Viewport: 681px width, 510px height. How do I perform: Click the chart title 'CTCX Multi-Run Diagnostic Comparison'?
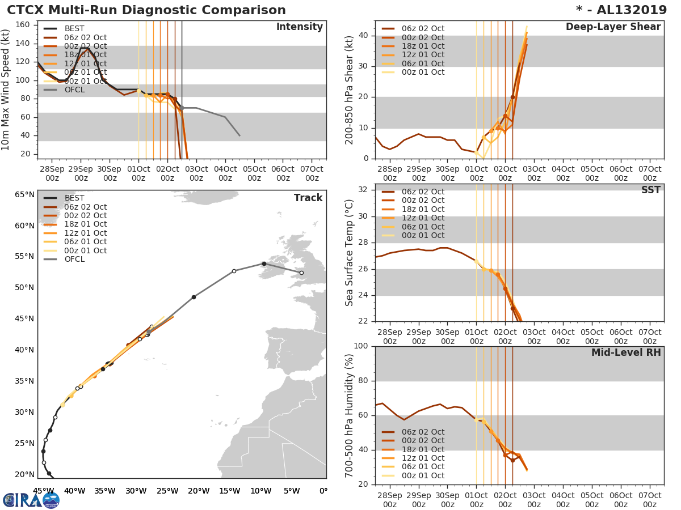coord(146,10)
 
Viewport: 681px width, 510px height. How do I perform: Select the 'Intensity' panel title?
coord(299,27)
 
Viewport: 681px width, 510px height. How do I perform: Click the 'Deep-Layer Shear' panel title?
coord(613,27)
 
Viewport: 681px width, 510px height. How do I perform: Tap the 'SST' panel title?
coord(650,190)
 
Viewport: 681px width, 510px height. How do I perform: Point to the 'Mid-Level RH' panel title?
coord(626,353)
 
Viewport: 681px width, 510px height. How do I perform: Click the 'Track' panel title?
coord(308,198)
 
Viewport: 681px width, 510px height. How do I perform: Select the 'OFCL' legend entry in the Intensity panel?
coord(74,90)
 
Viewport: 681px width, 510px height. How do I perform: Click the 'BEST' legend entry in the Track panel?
coord(74,198)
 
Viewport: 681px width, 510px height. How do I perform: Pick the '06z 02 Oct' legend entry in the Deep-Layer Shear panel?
coord(423,28)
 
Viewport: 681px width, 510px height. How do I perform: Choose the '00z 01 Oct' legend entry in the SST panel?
coord(423,235)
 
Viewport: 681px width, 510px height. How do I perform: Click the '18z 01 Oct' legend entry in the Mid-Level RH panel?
coord(423,449)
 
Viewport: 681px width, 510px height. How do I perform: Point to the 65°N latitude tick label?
coord(24,195)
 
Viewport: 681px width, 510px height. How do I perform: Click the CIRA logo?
coord(31,500)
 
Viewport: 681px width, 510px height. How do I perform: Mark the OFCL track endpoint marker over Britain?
coord(301,273)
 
